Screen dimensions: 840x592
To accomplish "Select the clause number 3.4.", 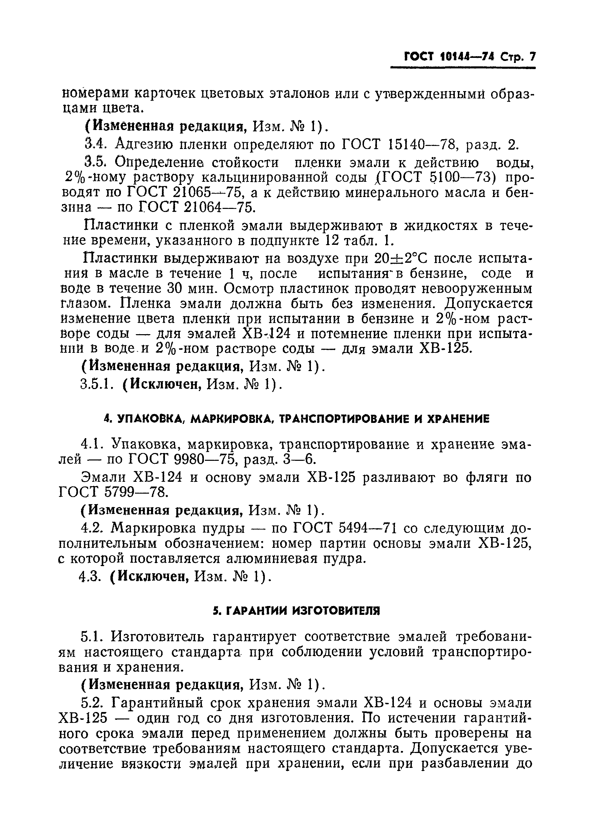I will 95,145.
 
